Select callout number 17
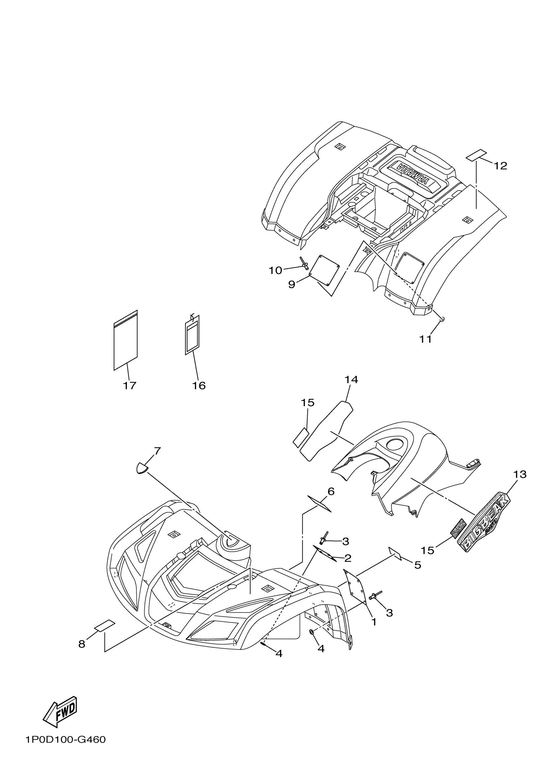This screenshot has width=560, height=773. point(129,385)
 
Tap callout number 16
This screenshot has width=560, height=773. point(199,385)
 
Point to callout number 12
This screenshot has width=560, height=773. point(500,166)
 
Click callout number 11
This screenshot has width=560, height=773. point(426,339)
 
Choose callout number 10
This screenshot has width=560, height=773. point(275,270)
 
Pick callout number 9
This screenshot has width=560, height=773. point(292,284)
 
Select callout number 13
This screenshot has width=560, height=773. point(520,474)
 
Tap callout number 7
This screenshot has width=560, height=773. point(157,451)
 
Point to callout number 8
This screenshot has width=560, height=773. point(82,644)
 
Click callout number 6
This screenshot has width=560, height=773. point(331,491)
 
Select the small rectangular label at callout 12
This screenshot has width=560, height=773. point(477,155)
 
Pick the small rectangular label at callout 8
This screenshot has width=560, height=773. point(105,626)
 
